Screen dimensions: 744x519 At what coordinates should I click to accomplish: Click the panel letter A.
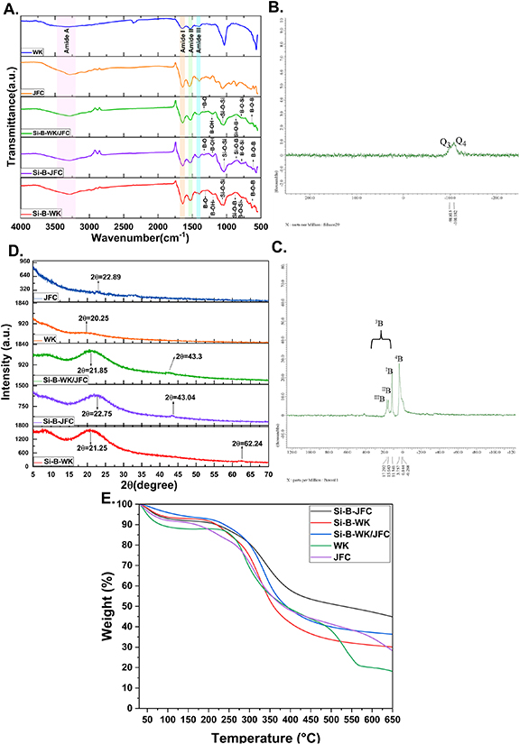point(11,8)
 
